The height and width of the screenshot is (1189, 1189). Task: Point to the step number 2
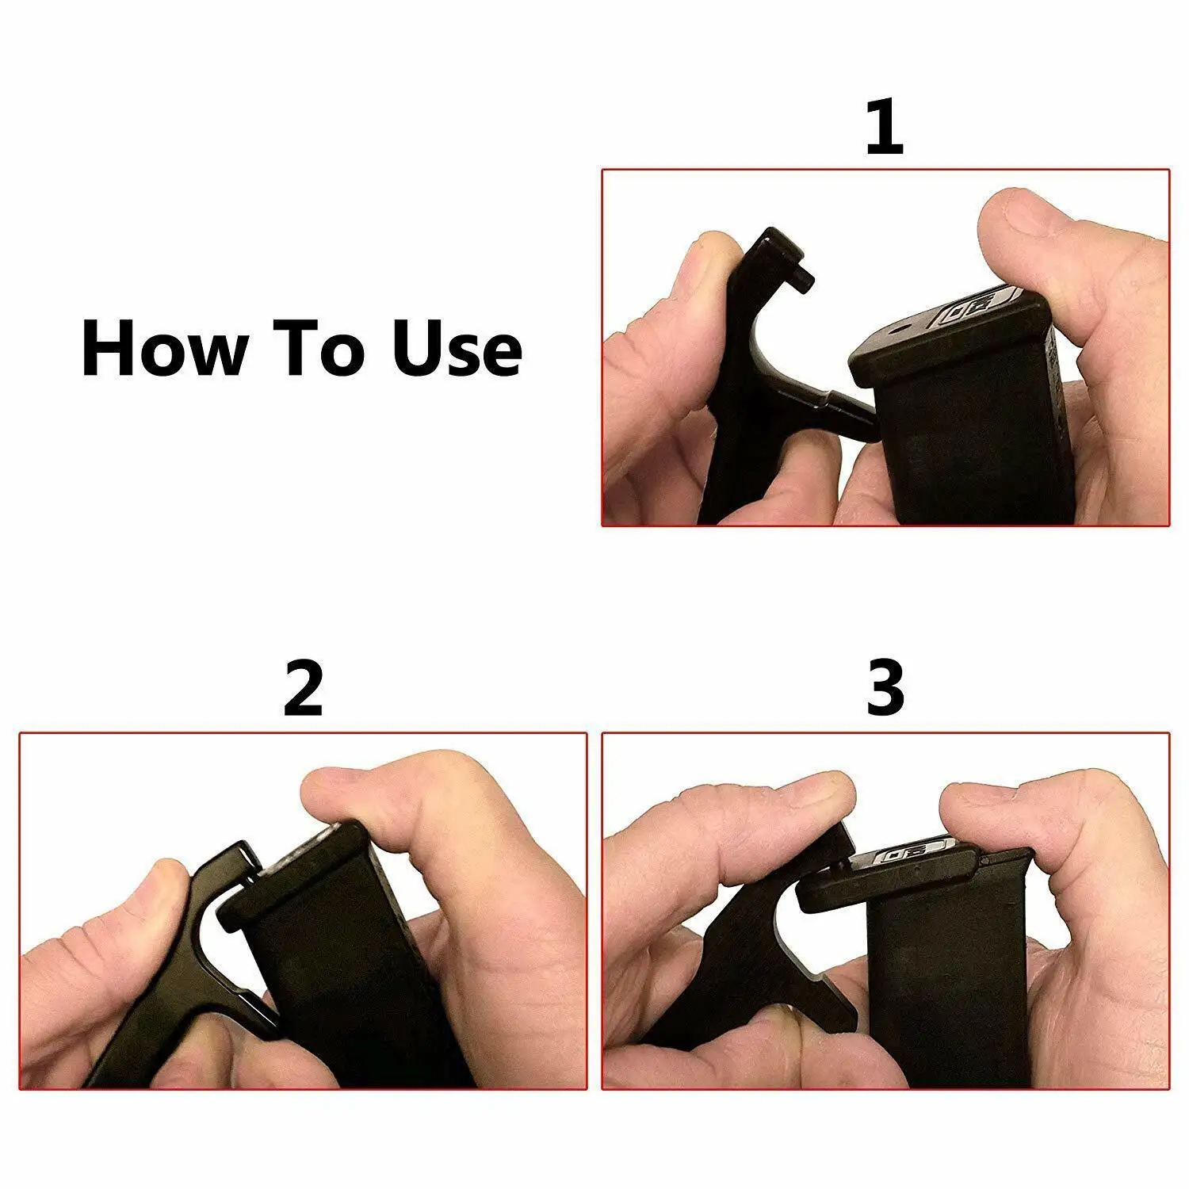click(x=303, y=690)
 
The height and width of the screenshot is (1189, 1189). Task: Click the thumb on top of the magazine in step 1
click(x=1046, y=230)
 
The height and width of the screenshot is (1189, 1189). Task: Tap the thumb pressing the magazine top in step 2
click(x=380, y=793)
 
